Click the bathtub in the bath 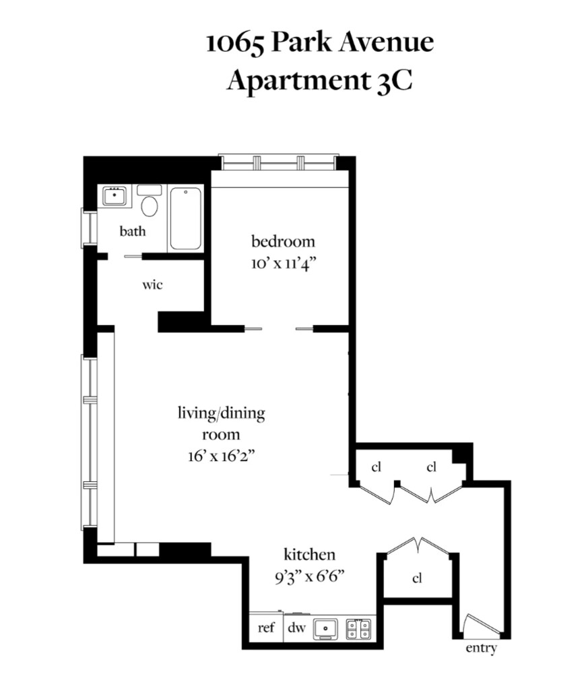[185, 218]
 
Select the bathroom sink [115, 197]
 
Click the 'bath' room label [133, 231]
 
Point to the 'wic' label [152, 284]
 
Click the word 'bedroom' [283, 241]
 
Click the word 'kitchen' [309, 555]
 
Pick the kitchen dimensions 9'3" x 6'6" [310, 576]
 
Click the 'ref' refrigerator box [267, 628]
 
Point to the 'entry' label [481, 648]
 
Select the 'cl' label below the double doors [417, 578]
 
